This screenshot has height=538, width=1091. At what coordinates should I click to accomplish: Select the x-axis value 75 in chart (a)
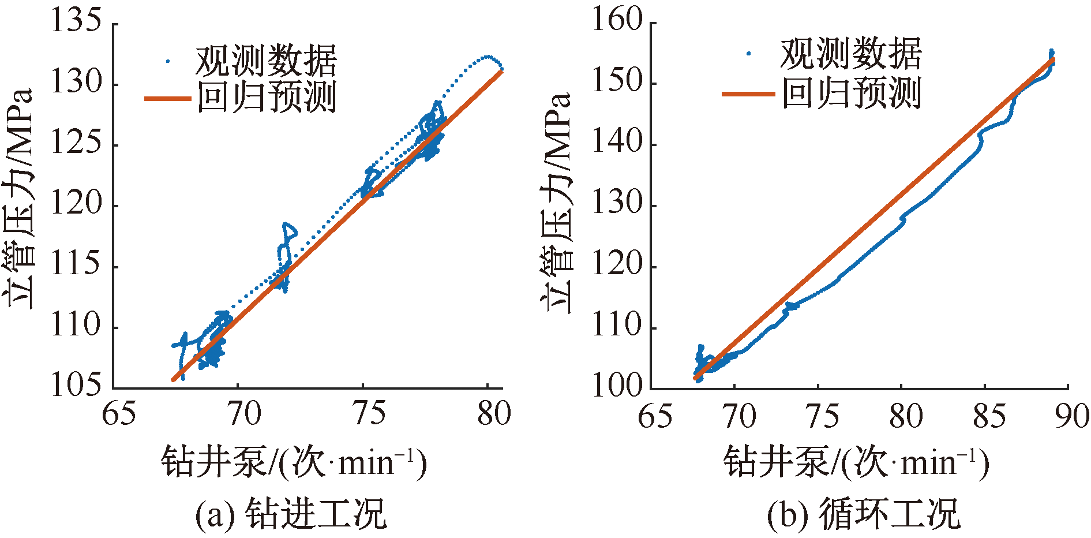(x=369, y=413)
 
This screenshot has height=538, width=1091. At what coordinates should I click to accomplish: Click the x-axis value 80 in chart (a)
(x=494, y=413)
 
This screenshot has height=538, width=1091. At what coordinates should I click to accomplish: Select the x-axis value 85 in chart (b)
(x=989, y=416)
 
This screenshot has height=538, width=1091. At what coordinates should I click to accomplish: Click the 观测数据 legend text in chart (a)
(x=266, y=60)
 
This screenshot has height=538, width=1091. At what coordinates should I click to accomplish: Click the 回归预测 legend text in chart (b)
(x=852, y=93)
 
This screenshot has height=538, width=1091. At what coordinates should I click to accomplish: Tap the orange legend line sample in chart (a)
(x=167, y=99)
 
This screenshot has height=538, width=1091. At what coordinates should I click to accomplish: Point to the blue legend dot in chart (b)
(x=749, y=54)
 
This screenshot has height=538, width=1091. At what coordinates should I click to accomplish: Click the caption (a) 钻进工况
(x=291, y=513)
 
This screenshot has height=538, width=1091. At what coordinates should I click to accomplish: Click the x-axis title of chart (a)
(x=294, y=462)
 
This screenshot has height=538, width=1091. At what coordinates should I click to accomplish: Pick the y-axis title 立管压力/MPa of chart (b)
(x=557, y=202)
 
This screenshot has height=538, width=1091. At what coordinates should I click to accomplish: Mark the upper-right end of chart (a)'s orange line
(x=502, y=72)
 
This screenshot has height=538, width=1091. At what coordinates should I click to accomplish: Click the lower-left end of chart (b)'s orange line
(x=695, y=378)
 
